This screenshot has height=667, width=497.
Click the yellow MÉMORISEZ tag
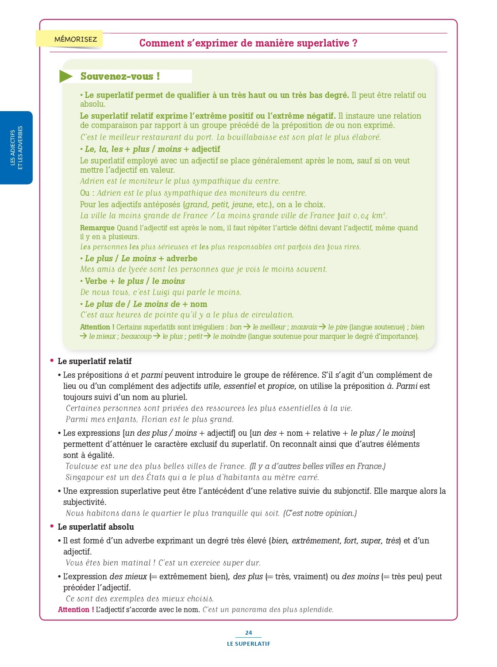[x=75, y=39]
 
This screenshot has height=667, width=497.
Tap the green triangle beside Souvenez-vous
[x=65, y=76]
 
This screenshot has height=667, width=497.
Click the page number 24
[x=248, y=632]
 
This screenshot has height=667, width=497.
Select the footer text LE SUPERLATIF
[x=248, y=644]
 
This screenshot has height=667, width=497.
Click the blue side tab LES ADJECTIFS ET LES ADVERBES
[x=16, y=147]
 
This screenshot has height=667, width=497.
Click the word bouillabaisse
[x=254, y=137]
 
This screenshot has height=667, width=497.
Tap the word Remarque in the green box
[x=97, y=228]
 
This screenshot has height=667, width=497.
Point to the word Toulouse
[x=82, y=466]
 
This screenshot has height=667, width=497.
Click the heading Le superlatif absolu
[x=96, y=527]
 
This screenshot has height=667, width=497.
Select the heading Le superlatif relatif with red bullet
[x=94, y=361]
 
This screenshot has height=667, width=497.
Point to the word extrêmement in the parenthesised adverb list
[x=316, y=540]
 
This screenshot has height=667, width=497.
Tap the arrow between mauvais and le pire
[x=323, y=327]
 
